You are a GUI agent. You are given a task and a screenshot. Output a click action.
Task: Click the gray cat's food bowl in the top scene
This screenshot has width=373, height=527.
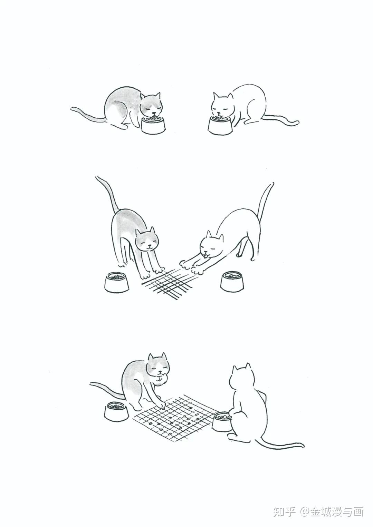153,126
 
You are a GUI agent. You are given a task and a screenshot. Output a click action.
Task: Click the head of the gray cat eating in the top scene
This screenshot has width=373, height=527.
151,105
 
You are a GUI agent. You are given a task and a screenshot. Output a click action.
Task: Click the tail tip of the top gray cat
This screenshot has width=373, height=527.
72,108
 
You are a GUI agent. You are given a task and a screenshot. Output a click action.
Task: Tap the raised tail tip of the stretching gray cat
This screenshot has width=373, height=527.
97,177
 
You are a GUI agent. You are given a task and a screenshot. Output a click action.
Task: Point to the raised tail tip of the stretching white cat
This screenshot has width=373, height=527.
272,183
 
